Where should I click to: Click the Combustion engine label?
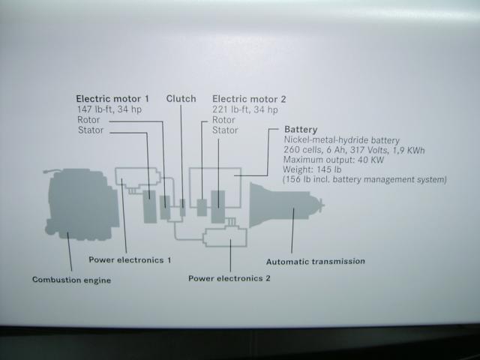[71, 280]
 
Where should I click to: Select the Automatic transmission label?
[316, 262]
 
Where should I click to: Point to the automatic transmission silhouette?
[285, 205]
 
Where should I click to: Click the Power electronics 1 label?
[130, 260]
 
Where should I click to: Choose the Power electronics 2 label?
[229, 278]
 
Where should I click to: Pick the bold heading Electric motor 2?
[249, 99]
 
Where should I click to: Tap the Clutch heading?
[181, 99]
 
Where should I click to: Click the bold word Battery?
[301, 130]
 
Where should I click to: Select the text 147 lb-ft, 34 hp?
[109, 109]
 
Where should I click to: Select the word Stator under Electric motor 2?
[226, 130]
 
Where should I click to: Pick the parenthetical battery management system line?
[364, 180]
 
